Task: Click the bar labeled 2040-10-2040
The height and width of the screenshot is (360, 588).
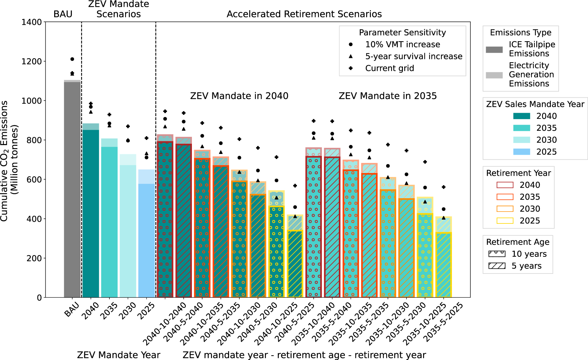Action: pyautogui.click(x=165, y=218)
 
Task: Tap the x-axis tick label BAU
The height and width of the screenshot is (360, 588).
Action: pyautogui.click(x=72, y=309)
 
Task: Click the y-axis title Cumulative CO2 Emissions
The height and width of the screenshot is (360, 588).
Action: pyautogui.click(x=4, y=160)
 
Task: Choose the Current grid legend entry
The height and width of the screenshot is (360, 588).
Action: pyautogui.click(x=389, y=68)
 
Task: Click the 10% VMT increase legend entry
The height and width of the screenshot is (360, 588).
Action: pyautogui.click(x=402, y=44)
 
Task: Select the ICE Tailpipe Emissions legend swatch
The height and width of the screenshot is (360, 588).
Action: pyautogui.click(x=494, y=50)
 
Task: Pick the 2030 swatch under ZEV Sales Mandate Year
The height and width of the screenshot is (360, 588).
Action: pyautogui.click(x=522, y=140)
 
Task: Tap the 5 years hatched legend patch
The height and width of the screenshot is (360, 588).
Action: pyautogui.click(x=497, y=266)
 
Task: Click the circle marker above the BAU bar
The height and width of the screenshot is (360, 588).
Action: pyautogui.click(x=72, y=59)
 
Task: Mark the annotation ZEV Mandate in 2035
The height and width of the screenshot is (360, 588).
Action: pyautogui.click(x=388, y=96)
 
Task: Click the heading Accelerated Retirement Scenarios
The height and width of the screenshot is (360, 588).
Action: pyautogui.click(x=304, y=14)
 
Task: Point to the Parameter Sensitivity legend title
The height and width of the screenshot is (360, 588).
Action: pyautogui.click(x=402, y=32)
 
